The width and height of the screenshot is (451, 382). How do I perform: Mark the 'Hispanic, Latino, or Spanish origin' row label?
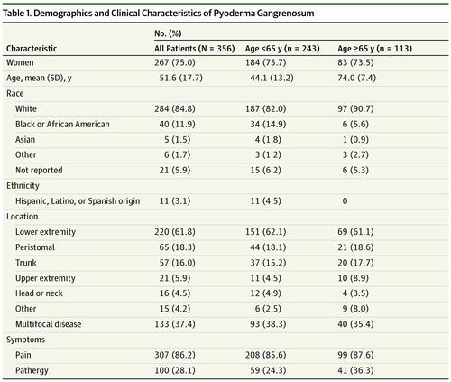[x=86, y=204]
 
